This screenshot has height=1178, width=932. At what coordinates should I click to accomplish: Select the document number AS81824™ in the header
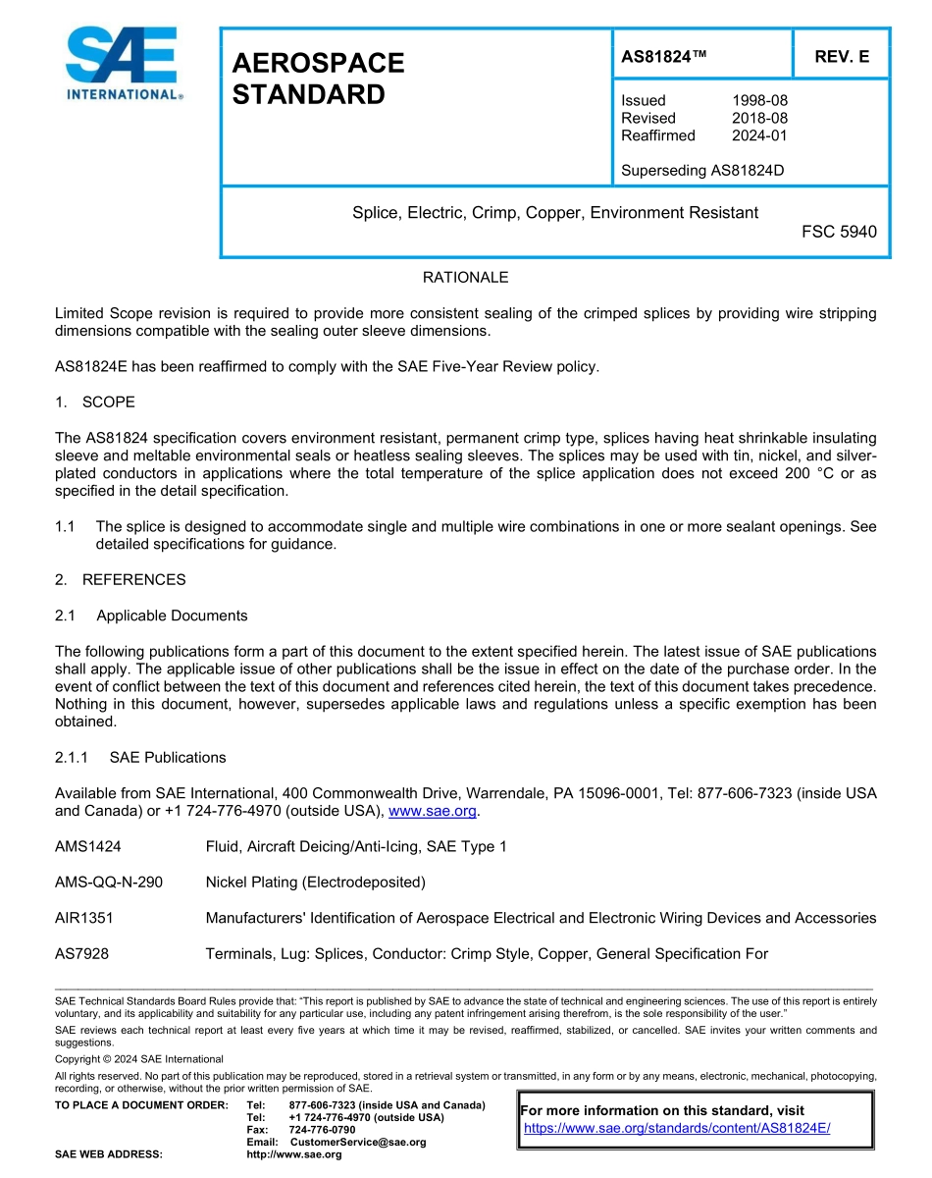tap(664, 56)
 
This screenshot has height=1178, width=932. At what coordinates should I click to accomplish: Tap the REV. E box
tap(841, 56)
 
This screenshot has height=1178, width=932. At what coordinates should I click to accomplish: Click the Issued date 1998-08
tap(759, 100)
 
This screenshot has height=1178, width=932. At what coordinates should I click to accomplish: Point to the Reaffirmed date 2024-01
tap(759, 135)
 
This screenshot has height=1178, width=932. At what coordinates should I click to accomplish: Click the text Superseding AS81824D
tap(702, 171)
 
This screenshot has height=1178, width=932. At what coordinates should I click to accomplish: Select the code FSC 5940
tap(839, 233)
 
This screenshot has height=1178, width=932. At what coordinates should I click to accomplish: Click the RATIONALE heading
tap(465, 278)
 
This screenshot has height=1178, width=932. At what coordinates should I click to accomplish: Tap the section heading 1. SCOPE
tap(95, 402)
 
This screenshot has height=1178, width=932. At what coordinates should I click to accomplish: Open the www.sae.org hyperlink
tap(432, 811)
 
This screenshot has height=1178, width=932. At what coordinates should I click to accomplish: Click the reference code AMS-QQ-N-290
tap(109, 883)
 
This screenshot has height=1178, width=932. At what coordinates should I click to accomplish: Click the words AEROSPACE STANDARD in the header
tap(318, 79)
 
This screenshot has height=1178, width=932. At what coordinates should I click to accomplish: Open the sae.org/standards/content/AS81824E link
tap(677, 1128)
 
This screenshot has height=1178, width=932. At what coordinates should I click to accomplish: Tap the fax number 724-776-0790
tap(322, 1130)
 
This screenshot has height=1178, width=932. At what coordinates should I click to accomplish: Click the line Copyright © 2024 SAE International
tap(139, 1059)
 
